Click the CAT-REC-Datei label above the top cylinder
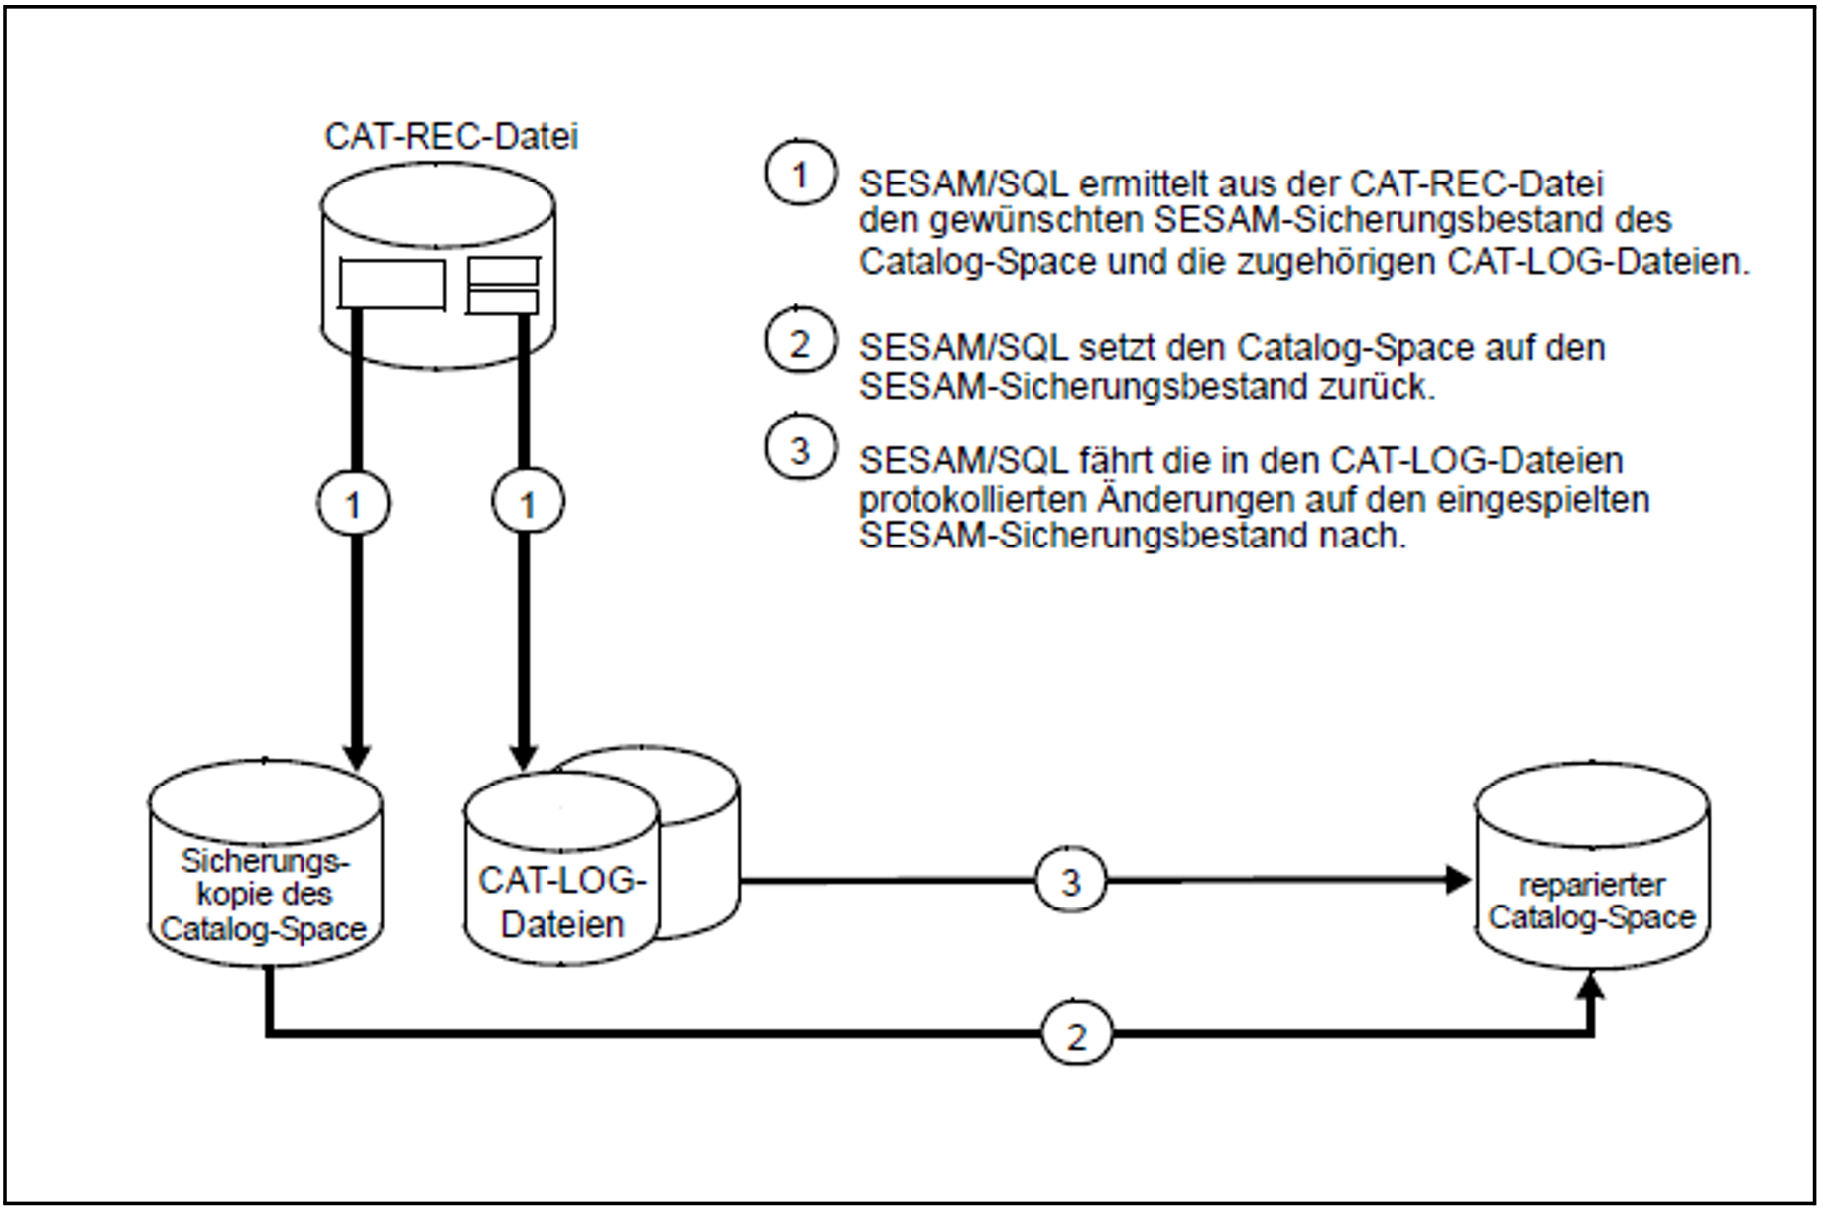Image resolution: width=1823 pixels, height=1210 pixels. pos(451,136)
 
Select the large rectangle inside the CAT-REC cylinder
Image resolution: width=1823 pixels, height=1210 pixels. pos(392,285)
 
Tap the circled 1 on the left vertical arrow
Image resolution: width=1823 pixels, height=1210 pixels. pos(353,505)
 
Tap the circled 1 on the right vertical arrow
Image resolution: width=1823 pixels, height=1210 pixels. pos(528,505)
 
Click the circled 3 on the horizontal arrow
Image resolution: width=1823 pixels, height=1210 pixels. pos(1070,882)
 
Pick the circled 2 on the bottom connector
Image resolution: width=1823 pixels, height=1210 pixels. pos(1076,1036)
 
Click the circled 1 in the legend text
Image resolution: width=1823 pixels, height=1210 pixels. pos(800,175)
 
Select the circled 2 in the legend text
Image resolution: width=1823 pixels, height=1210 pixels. pos(800,344)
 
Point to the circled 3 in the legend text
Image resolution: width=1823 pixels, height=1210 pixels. pos(800,450)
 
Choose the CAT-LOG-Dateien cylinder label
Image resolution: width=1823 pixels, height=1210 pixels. pos(562,902)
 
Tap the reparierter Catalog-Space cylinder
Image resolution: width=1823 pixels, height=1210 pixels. pos(1592,866)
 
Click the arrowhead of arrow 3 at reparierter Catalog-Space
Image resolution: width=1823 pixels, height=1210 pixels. pos(1458,880)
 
